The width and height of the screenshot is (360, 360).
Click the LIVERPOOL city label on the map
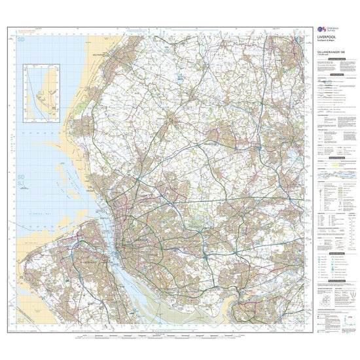[x=134, y=240]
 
